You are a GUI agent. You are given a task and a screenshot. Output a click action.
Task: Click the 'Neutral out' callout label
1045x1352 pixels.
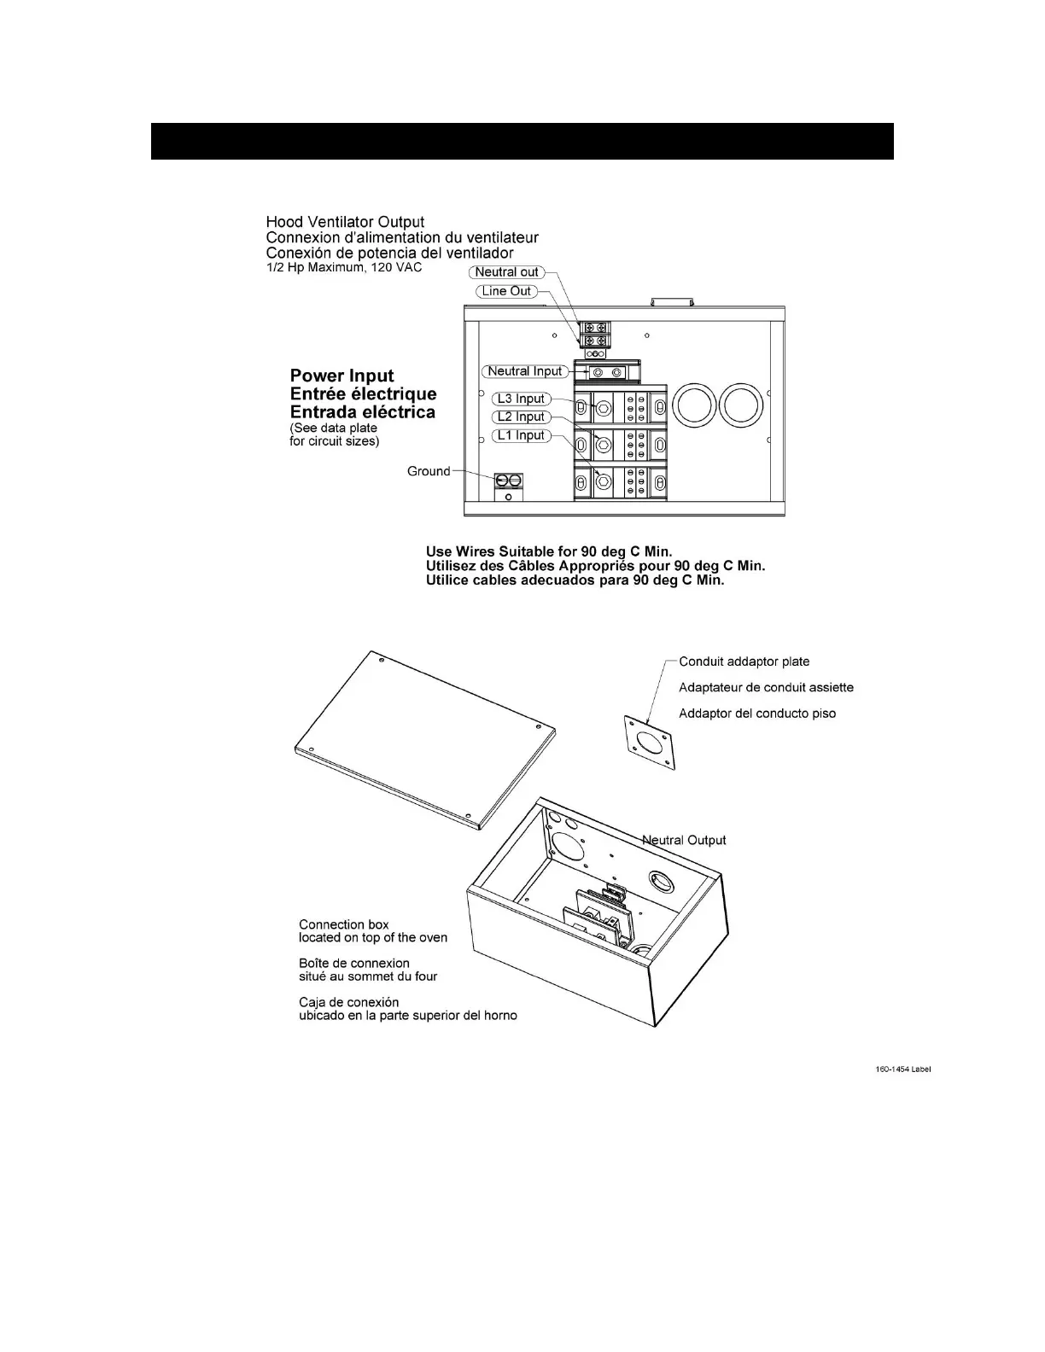[507, 272]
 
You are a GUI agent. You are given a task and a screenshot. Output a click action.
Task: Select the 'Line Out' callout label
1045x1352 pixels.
[507, 291]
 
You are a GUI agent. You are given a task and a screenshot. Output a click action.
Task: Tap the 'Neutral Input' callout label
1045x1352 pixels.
[524, 371]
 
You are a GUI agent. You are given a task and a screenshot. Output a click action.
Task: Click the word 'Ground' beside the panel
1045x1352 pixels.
[429, 471]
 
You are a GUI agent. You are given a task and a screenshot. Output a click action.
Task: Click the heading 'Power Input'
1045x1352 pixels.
[342, 376]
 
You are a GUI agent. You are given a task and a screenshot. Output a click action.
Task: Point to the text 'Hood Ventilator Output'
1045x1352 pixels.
[345, 223]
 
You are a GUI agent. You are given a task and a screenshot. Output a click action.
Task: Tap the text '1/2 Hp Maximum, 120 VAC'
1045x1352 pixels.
[344, 267]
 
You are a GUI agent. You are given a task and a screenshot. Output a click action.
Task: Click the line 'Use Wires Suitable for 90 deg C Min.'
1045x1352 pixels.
[549, 551]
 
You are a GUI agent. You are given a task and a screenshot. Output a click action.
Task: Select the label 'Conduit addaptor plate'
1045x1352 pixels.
[744, 661]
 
